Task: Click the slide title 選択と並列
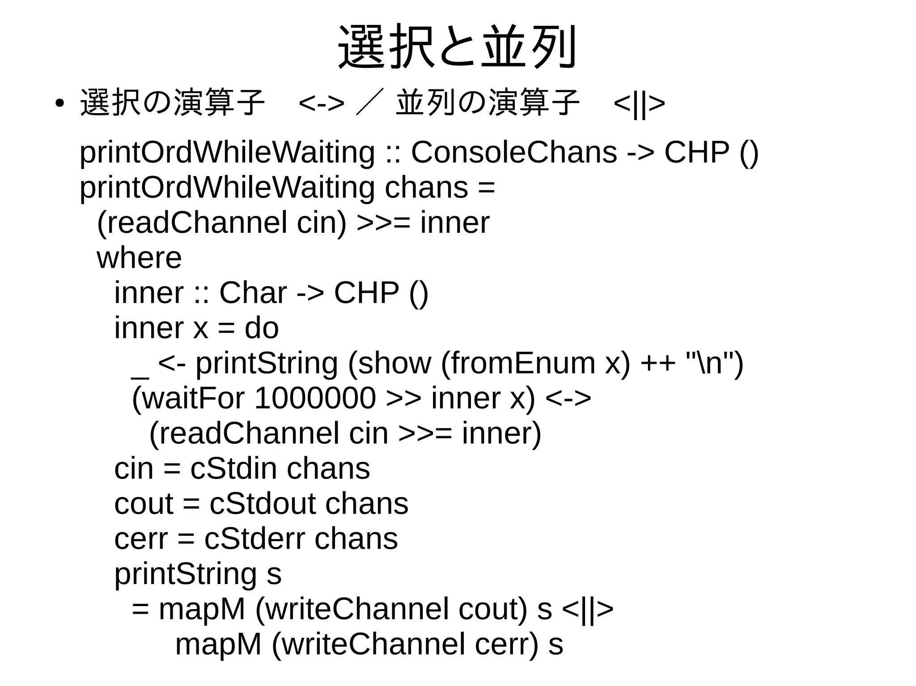tap(457, 47)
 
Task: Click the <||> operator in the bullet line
tap(639, 104)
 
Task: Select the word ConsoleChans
tap(514, 152)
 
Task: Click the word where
tap(139, 258)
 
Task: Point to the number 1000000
tap(315, 398)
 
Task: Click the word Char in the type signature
tap(253, 293)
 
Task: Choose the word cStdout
tap(263, 504)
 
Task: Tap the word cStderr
tap(254, 539)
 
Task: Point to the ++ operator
tap(657, 363)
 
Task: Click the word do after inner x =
tap(262, 328)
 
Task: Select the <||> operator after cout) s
tap(587, 609)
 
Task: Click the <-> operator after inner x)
tap(568, 398)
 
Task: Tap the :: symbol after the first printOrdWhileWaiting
tap(393, 152)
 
